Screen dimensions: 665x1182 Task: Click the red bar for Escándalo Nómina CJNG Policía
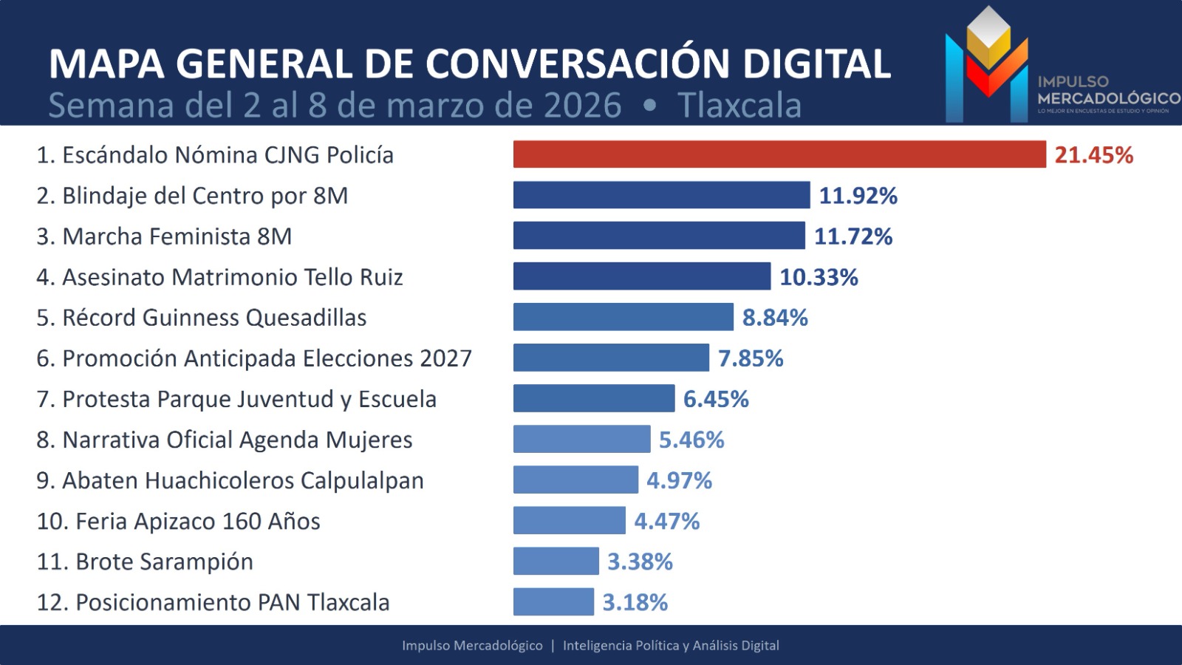(779, 154)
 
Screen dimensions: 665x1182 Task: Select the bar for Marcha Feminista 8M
(659, 236)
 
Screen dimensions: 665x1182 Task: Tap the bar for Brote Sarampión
(556, 562)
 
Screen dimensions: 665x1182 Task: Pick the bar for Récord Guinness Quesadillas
(623, 317)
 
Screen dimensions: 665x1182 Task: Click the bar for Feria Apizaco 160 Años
(569, 521)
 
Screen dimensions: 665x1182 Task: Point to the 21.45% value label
(1093, 155)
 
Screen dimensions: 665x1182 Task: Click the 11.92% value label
(858, 196)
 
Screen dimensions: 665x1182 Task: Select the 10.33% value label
(819, 277)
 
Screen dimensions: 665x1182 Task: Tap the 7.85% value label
(751, 358)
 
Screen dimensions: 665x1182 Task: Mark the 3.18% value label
(635, 602)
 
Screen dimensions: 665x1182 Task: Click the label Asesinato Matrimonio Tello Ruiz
(219, 277)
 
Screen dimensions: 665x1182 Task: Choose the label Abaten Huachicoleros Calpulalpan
(230, 480)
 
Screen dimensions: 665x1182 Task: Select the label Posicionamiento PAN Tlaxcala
(213, 602)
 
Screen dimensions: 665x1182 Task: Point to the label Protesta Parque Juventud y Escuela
(236, 399)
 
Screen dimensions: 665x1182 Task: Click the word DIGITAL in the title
(816, 64)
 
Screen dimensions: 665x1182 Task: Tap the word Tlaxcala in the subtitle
(739, 105)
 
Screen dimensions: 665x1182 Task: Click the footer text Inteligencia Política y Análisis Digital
(671, 645)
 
